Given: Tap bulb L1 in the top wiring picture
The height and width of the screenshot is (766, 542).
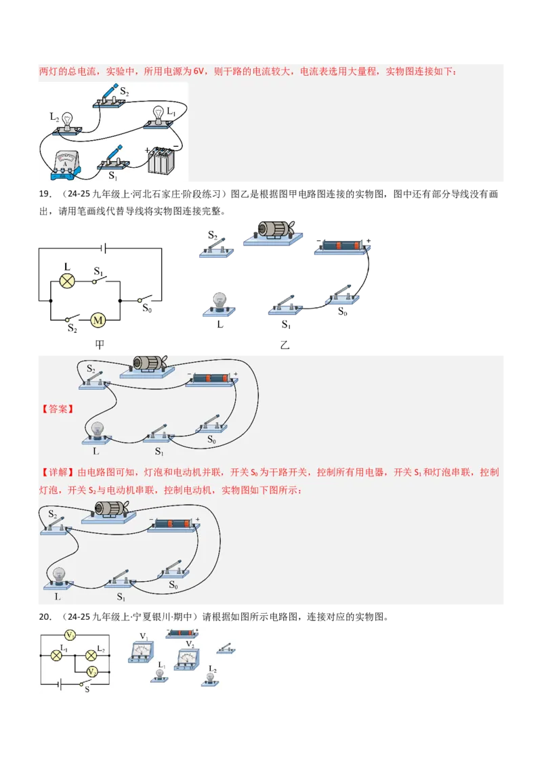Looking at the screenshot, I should [159, 116].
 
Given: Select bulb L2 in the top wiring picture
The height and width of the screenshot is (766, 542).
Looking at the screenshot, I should [68, 120].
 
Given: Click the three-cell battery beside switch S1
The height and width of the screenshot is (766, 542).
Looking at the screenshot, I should [161, 160].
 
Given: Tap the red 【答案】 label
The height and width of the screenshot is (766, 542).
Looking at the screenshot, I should [57, 409].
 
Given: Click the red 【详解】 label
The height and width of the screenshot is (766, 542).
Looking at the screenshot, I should [57, 472].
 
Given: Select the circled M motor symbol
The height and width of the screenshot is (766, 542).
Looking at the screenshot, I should [99, 320].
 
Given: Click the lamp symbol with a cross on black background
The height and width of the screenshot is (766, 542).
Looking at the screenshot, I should [67, 280].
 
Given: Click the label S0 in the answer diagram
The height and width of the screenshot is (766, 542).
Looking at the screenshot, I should [211, 439].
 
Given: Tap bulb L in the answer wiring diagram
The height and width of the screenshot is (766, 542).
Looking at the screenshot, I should [97, 430].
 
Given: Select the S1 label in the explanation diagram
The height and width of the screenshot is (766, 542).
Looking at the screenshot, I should [121, 597].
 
